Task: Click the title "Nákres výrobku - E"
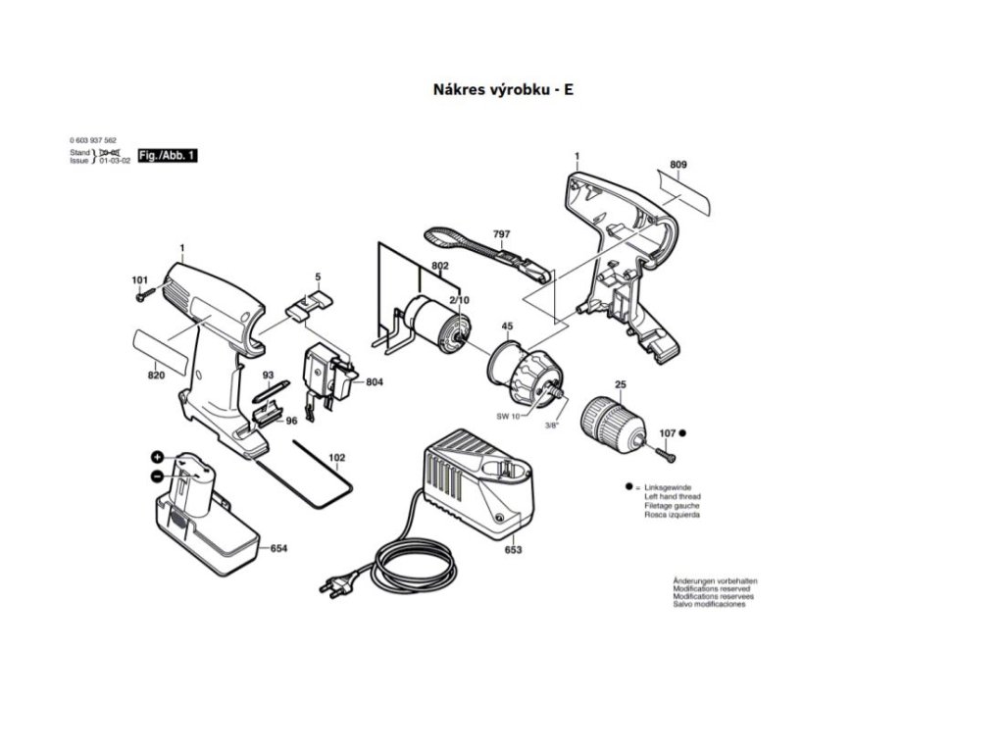(503, 89)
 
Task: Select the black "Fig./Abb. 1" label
(168, 156)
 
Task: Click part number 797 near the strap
(501, 234)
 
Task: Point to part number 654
(278, 548)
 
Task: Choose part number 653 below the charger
(513, 550)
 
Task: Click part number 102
(336, 457)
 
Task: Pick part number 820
(156, 376)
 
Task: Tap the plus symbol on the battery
(157, 458)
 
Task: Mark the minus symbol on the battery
(157, 476)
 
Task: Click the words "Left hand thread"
(672, 497)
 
